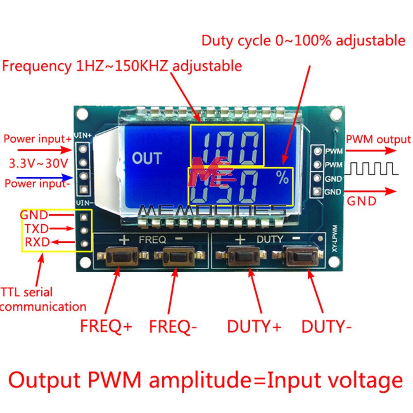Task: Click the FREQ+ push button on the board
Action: (x=119, y=257)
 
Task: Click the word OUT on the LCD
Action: (x=147, y=158)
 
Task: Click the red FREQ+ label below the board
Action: (x=106, y=327)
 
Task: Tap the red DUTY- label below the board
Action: (x=326, y=327)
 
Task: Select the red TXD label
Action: (x=36, y=228)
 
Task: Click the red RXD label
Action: (x=36, y=242)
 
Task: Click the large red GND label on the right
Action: (x=361, y=201)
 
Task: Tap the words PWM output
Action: (x=378, y=140)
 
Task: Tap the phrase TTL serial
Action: (x=26, y=292)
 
